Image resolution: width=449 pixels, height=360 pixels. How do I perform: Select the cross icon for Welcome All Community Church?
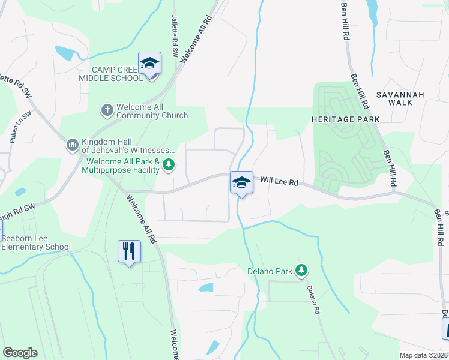point(107,110)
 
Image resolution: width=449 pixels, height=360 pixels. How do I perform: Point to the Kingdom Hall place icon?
point(71,144)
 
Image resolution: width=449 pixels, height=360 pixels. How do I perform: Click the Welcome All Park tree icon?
point(169,164)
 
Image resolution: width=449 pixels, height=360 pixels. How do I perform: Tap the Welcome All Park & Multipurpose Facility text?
point(123,166)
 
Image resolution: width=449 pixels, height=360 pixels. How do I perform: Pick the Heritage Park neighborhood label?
point(345,119)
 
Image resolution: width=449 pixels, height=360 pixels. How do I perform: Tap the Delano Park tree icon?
point(301,271)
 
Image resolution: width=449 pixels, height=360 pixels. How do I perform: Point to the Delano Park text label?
point(270,271)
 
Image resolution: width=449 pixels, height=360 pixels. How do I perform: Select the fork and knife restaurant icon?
point(129,250)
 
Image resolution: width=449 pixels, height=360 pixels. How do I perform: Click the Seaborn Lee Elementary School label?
point(35,242)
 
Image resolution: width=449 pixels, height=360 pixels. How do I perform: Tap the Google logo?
point(20,353)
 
